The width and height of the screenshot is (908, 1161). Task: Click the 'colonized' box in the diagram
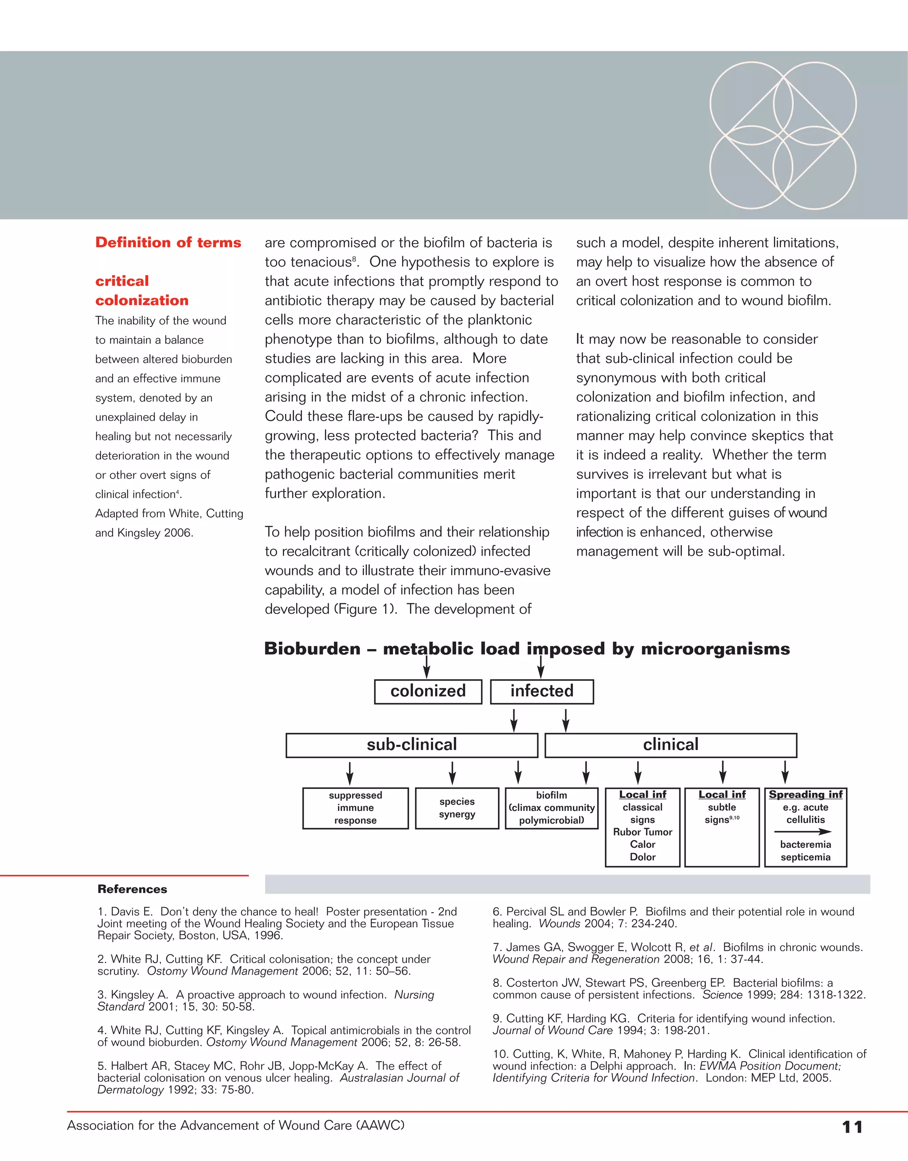pyautogui.click(x=428, y=691)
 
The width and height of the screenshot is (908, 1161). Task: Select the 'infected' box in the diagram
pyautogui.click(x=542, y=691)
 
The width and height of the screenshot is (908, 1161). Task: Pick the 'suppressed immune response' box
pyautogui.click(x=355, y=808)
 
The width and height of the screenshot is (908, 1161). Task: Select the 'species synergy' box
pyautogui.click(x=457, y=808)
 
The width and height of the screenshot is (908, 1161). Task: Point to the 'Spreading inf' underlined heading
pyautogui.click(x=806, y=795)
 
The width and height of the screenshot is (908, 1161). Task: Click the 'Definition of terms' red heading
pyautogui.click(x=168, y=243)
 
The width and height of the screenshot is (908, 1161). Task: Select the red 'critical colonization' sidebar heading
pyautogui.click(x=141, y=291)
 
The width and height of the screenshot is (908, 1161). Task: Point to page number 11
pyautogui.click(x=852, y=1126)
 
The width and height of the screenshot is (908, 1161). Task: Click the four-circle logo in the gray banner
pyautogui.click(x=783, y=135)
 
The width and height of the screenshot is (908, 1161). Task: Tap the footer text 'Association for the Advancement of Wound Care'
pyautogui.click(x=235, y=1126)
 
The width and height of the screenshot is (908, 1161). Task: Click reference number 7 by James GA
pyautogui.click(x=677, y=953)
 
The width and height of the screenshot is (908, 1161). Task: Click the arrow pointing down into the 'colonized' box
pyautogui.click(x=427, y=668)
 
